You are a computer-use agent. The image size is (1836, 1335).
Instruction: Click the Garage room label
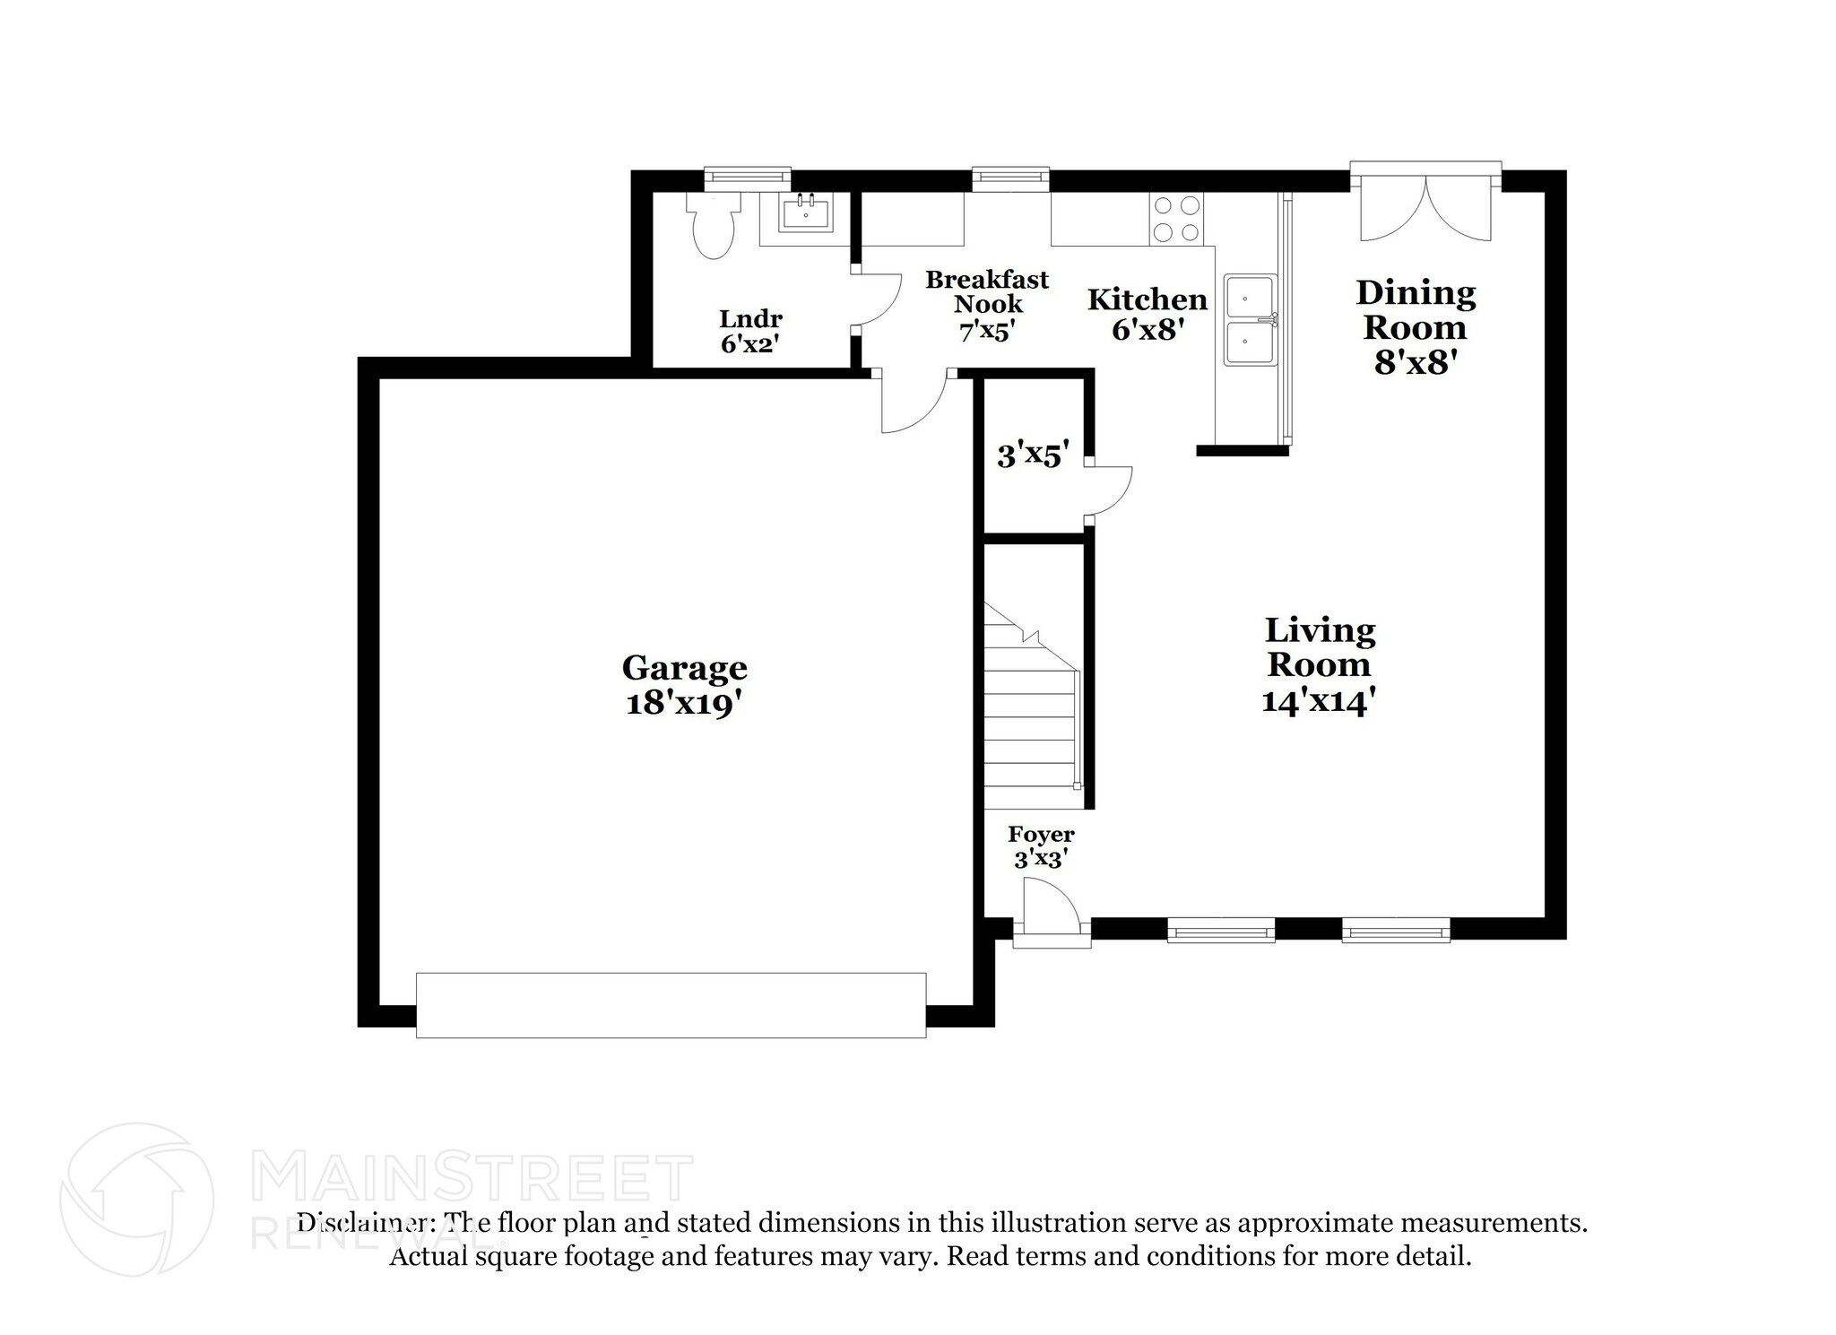click(x=684, y=668)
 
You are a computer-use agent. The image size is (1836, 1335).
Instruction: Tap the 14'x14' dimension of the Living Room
click(x=1318, y=700)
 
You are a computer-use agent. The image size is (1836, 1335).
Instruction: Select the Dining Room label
click(x=1415, y=309)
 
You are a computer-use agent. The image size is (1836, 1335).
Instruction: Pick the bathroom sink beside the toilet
click(x=805, y=214)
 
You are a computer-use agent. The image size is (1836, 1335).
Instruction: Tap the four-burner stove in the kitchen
click(x=1177, y=219)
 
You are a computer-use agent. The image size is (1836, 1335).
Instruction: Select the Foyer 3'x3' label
click(x=1041, y=846)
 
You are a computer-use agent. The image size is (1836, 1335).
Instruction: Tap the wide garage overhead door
click(x=671, y=1005)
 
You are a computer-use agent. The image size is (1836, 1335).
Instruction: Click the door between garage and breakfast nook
click(x=913, y=403)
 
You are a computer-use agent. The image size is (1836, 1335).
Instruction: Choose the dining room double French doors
click(x=1425, y=211)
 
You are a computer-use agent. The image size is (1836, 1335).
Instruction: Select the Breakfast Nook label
click(x=986, y=292)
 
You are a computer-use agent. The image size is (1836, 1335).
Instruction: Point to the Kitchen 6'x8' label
click(x=1147, y=314)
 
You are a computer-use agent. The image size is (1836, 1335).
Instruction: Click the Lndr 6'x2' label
click(x=750, y=331)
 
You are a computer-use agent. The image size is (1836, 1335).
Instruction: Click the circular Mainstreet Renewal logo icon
click(x=136, y=1199)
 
